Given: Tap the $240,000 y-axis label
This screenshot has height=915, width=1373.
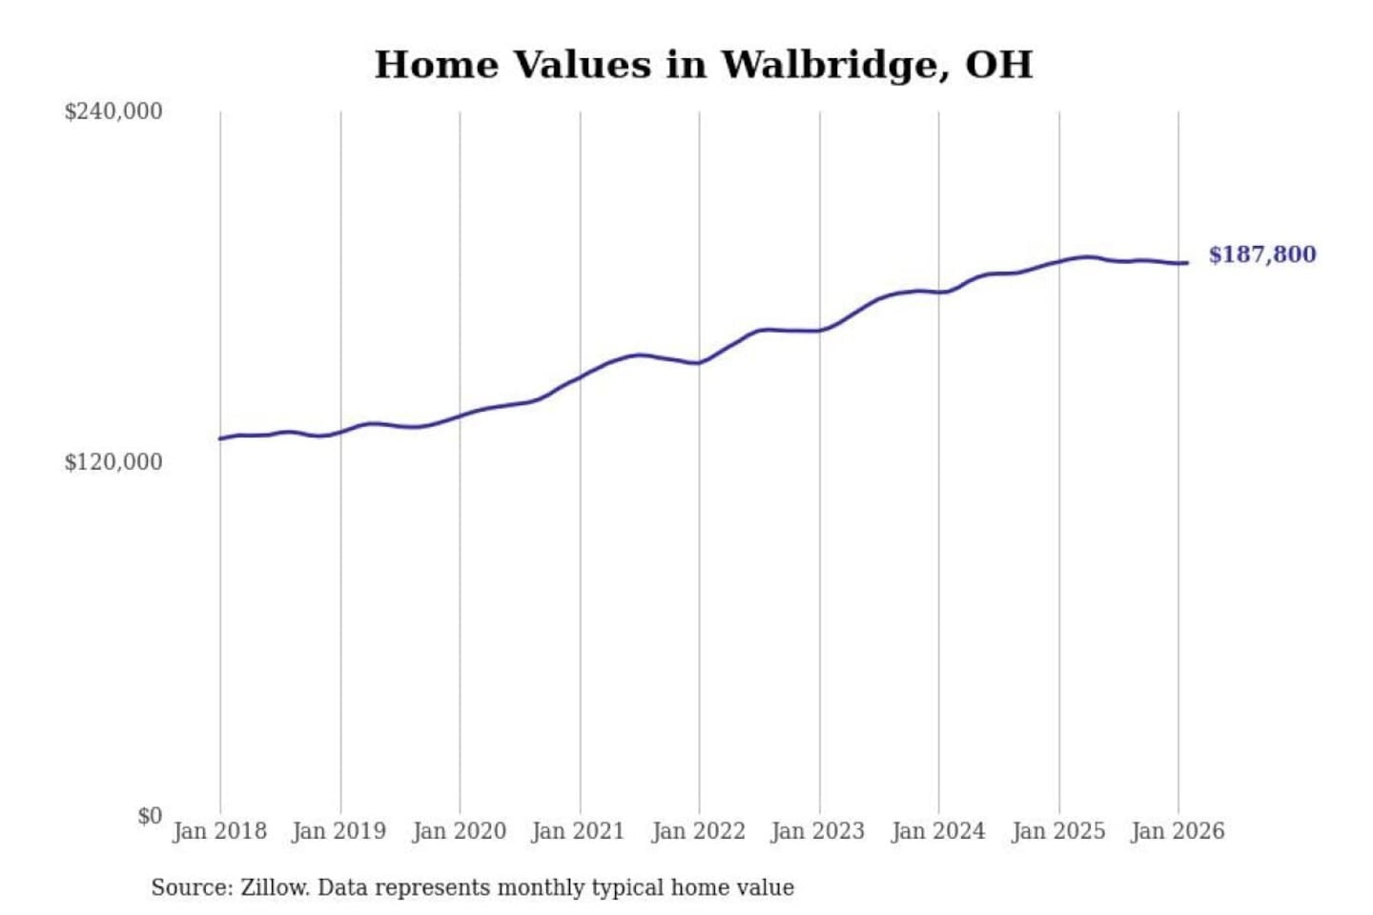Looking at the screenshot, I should pos(113,112).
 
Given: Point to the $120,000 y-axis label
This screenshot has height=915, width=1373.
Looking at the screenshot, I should pos(113,462).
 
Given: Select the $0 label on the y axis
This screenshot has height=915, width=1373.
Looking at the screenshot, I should pos(150,816).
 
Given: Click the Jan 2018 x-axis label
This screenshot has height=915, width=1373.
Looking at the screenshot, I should pos(219,831).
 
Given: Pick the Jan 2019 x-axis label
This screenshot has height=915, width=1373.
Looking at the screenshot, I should pos(338,831).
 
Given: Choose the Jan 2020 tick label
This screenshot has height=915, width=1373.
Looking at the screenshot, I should pos(459,831).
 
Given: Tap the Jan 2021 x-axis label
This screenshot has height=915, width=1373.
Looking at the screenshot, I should pos(578,831).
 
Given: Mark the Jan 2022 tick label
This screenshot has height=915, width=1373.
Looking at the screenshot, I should pos(698,831).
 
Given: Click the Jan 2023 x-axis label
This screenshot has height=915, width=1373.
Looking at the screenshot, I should pos(817,831).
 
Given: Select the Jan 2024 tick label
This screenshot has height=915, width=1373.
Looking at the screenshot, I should pos(937,831).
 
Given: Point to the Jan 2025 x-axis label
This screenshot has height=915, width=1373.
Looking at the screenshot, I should pos(1057,831).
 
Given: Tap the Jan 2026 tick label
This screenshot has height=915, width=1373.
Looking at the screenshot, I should pos(1177,831).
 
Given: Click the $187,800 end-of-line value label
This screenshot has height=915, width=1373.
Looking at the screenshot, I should pos(1261,254).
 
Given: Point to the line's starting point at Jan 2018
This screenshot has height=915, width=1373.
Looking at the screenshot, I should pos(220,438).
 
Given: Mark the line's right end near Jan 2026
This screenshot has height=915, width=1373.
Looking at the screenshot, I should pos(1186,263).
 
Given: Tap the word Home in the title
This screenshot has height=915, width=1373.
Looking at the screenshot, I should pos(436,65).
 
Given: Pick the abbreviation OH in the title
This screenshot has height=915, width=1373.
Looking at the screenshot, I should pos(998,65).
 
